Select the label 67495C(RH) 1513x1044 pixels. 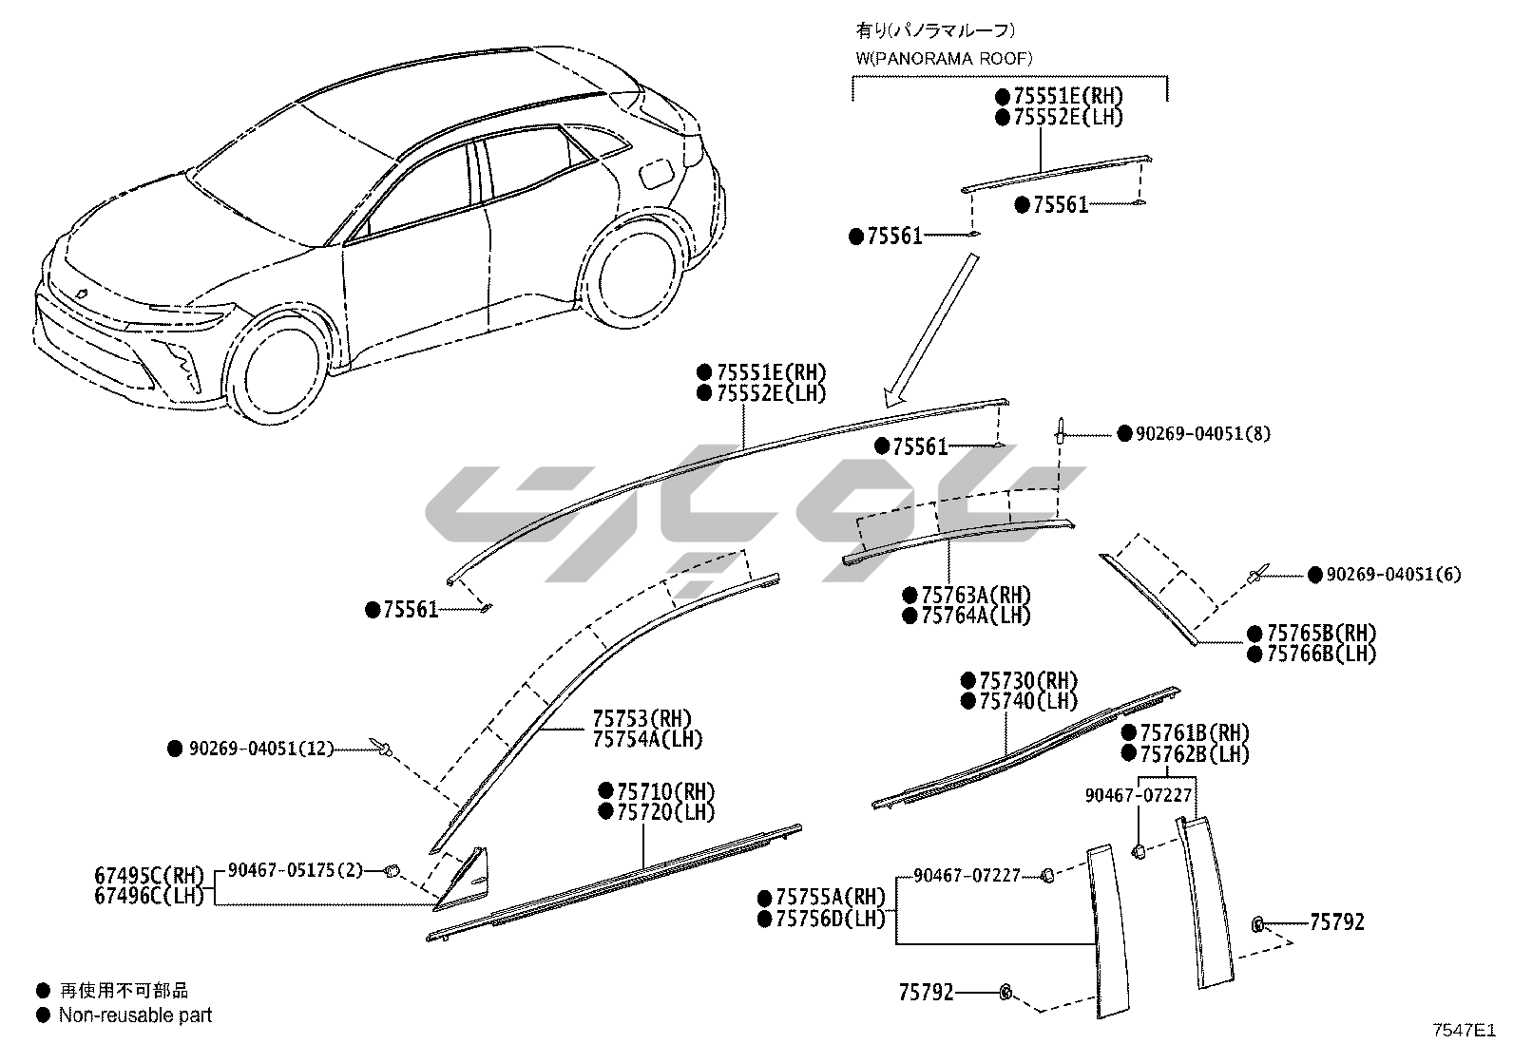click(149, 875)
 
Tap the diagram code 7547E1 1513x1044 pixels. click(1464, 1029)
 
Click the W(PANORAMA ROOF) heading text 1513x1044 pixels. click(944, 58)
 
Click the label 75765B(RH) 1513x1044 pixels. click(1321, 633)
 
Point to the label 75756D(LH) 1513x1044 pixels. click(831, 919)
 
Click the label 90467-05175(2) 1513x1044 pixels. click(296, 869)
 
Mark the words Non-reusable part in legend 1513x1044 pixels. click(136, 1015)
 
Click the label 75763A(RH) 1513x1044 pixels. click(976, 595)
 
